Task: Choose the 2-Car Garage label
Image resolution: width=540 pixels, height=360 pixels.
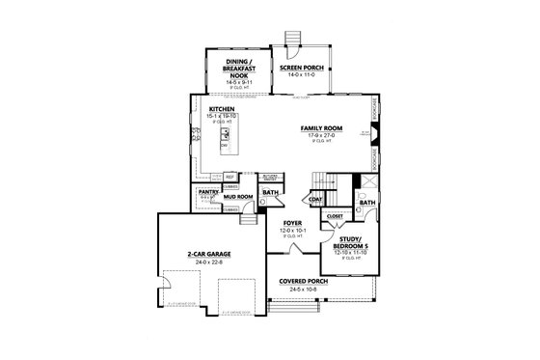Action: pyautogui.click(x=212, y=255)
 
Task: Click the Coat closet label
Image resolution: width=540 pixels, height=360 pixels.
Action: pyautogui.click(x=315, y=199)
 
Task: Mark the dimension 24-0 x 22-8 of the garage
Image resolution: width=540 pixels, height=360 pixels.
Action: pyautogui.click(x=212, y=262)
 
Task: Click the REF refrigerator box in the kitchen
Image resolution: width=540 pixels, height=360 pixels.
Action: pyautogui.click(x=230, y=177)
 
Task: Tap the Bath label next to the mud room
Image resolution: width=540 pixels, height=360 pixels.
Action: pyautogui.click(x=270, y=192)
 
